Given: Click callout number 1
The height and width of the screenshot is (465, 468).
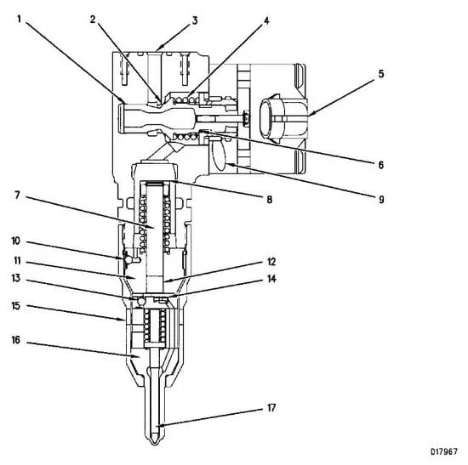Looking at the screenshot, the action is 20,20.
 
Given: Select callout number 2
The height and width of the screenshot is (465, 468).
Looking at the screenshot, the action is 93,20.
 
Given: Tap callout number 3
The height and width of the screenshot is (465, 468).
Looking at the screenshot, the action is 195,20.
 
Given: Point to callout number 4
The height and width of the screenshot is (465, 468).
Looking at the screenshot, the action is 266,20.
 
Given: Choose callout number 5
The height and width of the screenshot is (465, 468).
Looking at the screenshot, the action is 381,74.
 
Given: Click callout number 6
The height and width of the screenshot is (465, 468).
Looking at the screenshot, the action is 381,165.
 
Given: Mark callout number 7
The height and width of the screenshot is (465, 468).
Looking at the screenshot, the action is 17,196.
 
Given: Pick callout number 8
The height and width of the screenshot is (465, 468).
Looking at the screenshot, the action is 270,200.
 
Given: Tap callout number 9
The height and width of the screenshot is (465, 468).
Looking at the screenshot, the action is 381,200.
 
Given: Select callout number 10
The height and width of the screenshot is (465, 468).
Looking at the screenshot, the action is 16,241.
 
